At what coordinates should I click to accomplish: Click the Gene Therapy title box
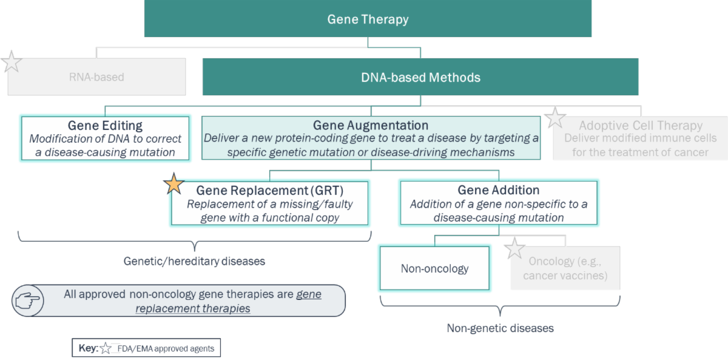tap(368, 19)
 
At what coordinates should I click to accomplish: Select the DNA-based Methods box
tap(420, 76)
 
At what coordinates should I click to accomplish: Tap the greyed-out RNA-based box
tap(97, 76)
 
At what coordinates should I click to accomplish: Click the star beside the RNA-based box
tap(12, 62)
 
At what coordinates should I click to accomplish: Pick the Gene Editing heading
tap(105, 126)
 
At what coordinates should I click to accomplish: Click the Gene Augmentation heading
tap(371, 125)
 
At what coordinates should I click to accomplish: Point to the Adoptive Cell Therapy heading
tap(641, 126)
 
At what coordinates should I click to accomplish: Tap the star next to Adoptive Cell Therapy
tap(554, 118)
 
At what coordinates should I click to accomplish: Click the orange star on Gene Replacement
tap(174, 184)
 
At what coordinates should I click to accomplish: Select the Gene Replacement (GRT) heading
tap(270, 191)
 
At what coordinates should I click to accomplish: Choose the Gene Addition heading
tap(499, 190)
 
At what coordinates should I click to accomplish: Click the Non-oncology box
tap(434, 268)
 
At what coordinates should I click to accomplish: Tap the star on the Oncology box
tap(514, 248)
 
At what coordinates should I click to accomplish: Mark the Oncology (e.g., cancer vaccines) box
tap(565, 268)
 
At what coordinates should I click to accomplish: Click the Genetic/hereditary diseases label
tap(194, 261)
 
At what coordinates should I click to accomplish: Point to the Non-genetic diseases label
tap(500, 328)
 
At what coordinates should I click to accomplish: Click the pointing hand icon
tap(28, 301)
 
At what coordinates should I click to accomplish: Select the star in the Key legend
tap(106, 348)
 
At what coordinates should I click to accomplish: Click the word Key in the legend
tap(89, 348)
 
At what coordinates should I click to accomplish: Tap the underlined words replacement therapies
tap(193, 308)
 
